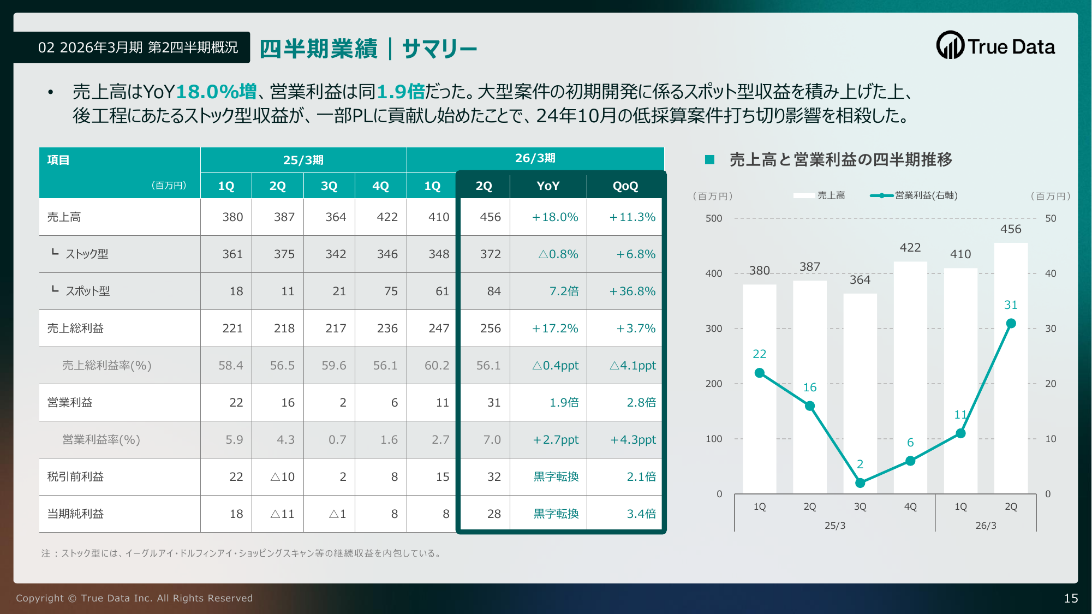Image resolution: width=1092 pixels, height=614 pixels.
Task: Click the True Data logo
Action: coord(995,46)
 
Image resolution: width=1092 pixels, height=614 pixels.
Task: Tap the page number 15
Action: coord(1071,598)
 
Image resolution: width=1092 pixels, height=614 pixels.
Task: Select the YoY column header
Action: coord(548,186)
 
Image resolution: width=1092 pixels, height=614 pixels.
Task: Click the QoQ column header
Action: coord(625,186)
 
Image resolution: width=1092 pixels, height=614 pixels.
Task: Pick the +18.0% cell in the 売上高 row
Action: coord(555,217)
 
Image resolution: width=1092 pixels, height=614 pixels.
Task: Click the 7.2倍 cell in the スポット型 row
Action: coord(564,291)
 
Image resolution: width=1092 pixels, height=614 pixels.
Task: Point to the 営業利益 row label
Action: coord(70,403)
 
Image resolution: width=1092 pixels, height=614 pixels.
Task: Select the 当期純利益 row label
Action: coord(75,514)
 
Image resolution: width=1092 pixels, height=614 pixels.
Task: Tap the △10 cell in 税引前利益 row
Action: coord(282,477)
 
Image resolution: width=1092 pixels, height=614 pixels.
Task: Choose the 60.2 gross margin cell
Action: coord(437,366)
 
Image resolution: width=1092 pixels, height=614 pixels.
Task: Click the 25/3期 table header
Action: coord(303,160)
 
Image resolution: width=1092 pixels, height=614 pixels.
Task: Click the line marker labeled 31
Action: coord(1011,324)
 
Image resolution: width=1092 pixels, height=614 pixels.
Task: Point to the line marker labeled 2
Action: coord(860,483)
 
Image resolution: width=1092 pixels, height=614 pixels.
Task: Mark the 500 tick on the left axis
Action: coord(714,218)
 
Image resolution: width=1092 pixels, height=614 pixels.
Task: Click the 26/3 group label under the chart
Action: coord(986,526)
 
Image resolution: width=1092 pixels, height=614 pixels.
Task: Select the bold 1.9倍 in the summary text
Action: coord(401,92)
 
